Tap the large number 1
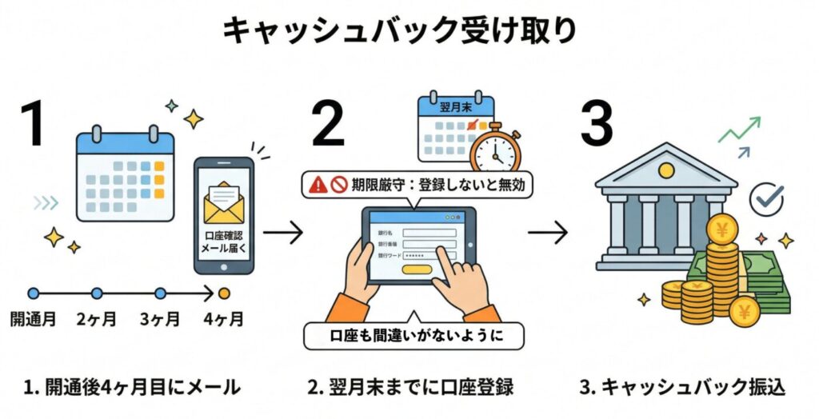point(34,124)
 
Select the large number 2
point(327,124)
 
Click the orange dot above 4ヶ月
point(224,293)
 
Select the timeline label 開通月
point(33,320)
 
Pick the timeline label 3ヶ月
point(160,320)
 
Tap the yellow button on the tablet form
point(416,269)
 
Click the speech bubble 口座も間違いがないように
point(413,336)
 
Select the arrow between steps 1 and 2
point(282,233)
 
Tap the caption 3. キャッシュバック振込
point(682,388)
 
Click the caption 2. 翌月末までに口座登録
point(410,388)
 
